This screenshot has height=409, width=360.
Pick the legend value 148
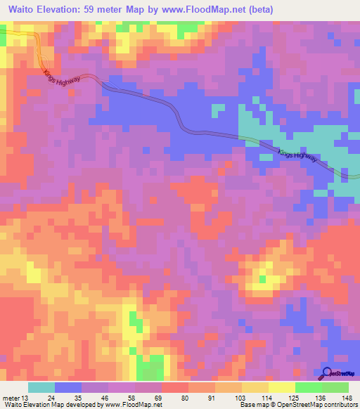347,398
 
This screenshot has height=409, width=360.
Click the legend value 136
321,398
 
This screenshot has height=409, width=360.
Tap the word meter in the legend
12,398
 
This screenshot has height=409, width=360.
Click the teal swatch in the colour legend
41,387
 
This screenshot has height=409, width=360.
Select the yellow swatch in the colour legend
281,387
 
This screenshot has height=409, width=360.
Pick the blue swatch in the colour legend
68,387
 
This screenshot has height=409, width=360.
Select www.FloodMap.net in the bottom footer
134,405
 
